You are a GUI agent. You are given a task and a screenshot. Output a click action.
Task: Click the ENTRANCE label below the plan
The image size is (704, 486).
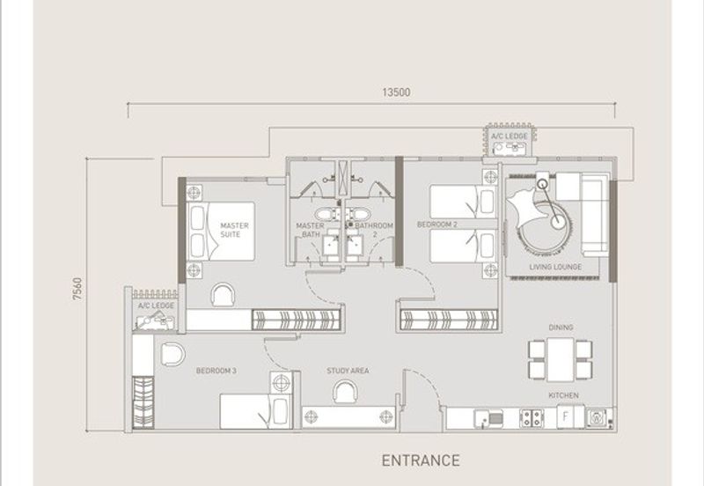(x=421, y=460)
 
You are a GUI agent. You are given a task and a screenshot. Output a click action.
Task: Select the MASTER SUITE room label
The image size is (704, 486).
(x=234, y=230)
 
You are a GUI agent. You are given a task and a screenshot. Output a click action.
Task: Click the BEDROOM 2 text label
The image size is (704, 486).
(x=437, y=225)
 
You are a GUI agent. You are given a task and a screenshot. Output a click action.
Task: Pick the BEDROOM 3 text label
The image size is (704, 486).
(x=216, y=372)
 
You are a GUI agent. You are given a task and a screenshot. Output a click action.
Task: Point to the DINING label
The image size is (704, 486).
(x=561, y=328)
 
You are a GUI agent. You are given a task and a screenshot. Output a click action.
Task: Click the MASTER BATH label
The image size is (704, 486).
(x=311, y=230)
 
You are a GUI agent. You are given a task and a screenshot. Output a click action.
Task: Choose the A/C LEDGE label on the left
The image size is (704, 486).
(x=156, y=306)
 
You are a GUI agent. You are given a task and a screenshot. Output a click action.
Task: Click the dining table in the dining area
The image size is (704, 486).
(x=561, y=359)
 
